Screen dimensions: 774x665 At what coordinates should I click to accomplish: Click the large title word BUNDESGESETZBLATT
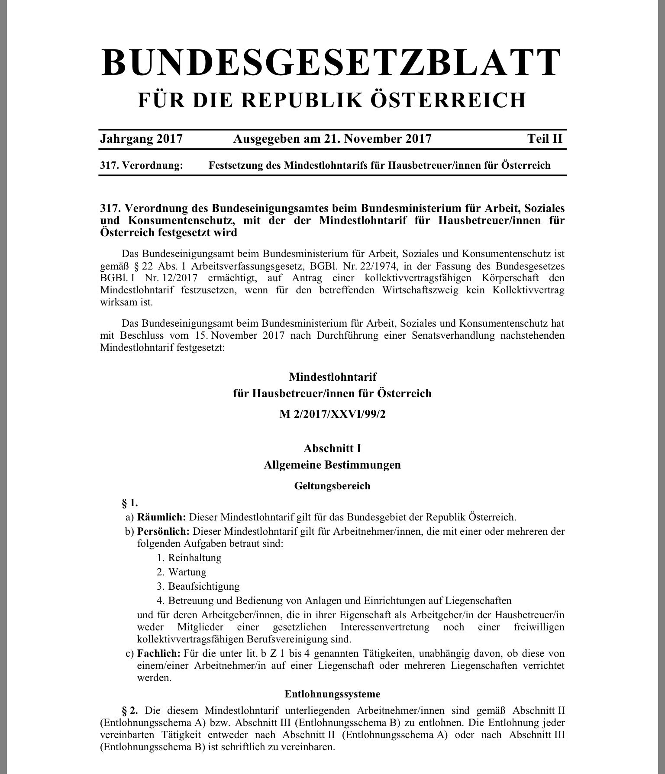(332, 63)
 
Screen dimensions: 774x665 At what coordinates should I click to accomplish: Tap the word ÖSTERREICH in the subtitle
(449, 100)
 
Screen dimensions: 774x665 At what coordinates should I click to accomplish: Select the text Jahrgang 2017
(141, 139)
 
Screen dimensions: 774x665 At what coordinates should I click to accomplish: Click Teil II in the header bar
(545, 139)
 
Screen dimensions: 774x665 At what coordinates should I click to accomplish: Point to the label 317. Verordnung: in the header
(142, 165)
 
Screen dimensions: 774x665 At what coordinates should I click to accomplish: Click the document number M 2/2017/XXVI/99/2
(332, 414)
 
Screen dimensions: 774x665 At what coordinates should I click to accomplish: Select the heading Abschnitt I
(332, 448)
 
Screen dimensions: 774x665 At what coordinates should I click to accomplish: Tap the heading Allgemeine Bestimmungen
(332, 465)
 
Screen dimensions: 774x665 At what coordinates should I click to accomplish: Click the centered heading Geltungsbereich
(332, 486)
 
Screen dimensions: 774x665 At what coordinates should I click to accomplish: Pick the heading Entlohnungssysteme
(332, 694)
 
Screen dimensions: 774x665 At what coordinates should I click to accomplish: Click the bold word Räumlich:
(161, 517)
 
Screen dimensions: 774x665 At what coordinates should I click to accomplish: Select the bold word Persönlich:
(163, 531)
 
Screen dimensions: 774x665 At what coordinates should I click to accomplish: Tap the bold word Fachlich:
(158, 653)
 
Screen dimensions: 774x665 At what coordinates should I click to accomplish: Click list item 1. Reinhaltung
(189, 558)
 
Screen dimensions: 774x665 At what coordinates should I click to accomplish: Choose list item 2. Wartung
(182, 572)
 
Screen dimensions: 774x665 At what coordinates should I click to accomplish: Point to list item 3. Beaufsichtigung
(198, 587)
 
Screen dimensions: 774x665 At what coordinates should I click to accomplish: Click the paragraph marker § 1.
(130, 503)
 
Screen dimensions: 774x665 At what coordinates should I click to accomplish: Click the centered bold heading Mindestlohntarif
(332, 377)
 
